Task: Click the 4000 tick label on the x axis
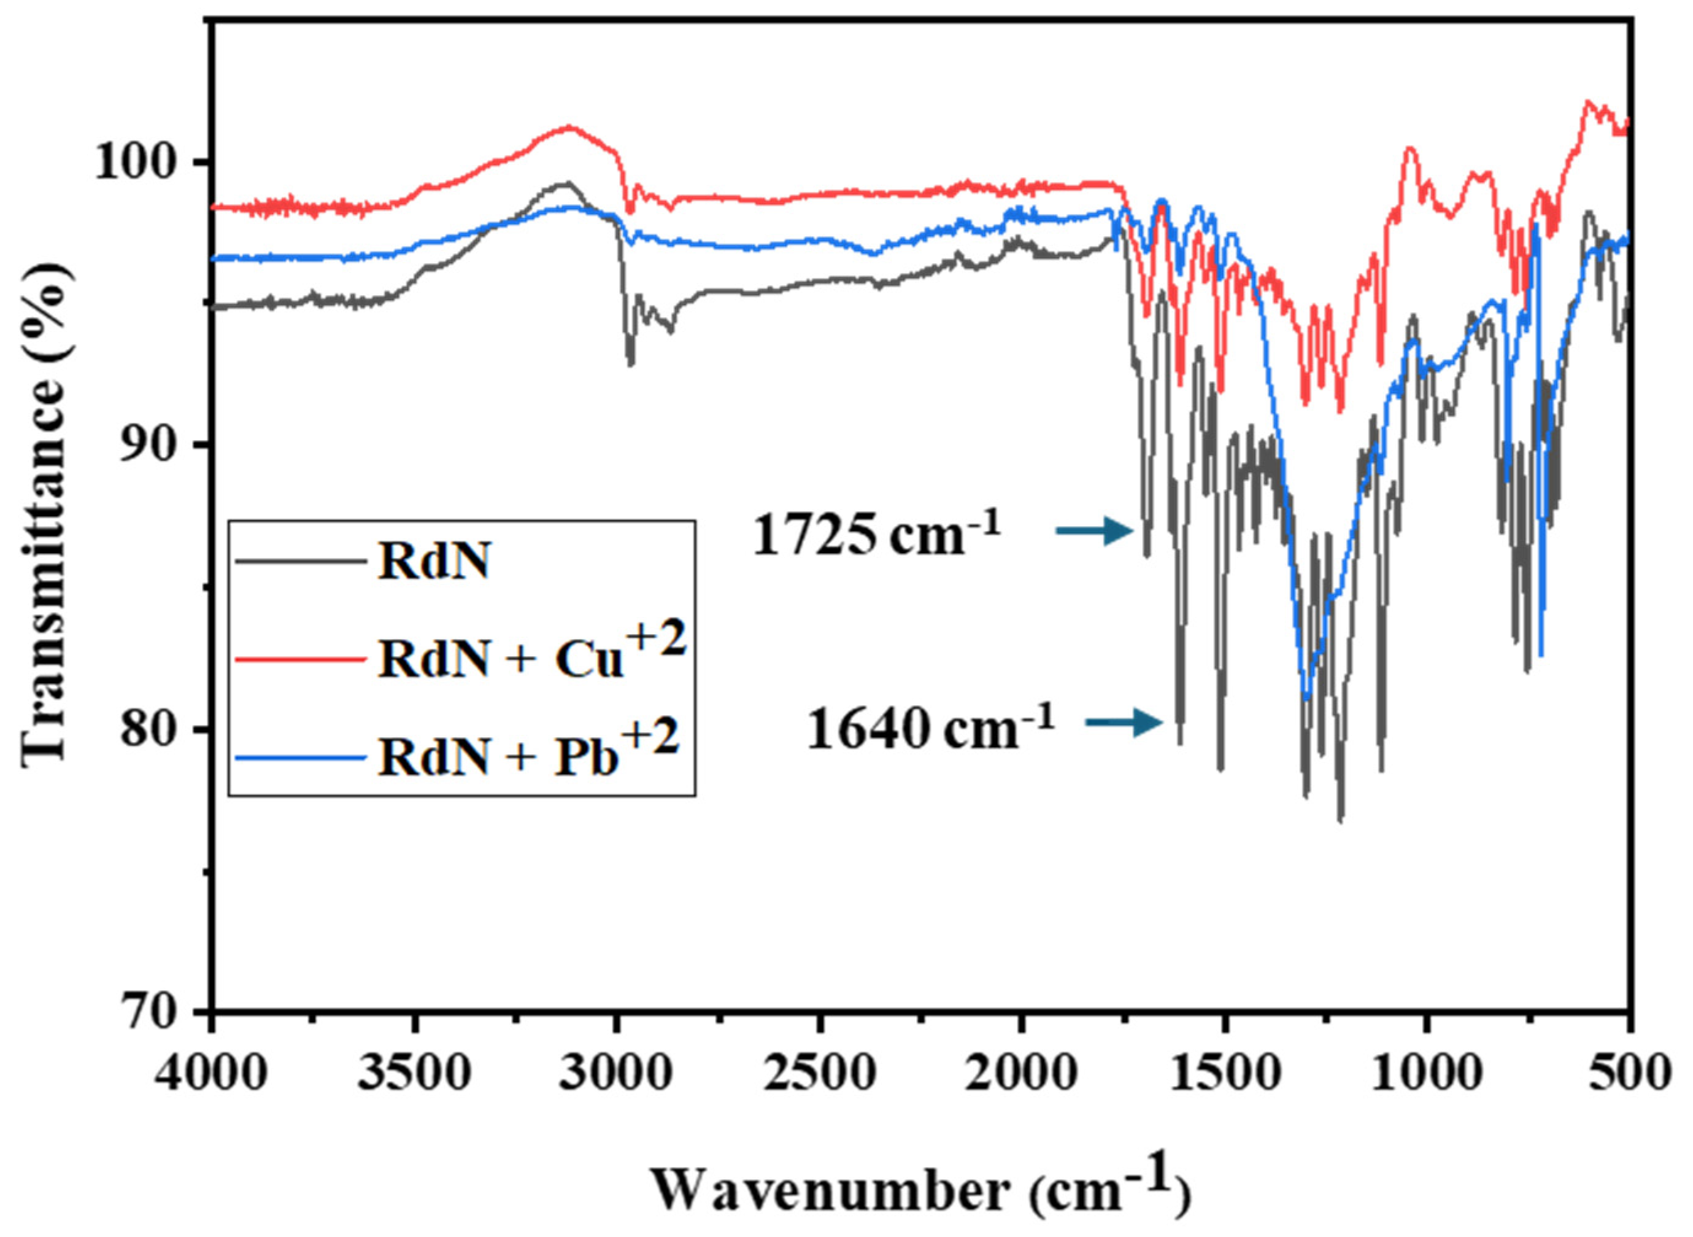coord(212,1074)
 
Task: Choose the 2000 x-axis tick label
coord(1021,1074)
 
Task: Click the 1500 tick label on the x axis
coord(1224,1074)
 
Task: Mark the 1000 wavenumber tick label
coord(1427,1074)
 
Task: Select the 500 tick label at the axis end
coord(1630,1074)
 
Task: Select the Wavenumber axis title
coord(920,1189)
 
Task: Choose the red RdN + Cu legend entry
coord(457,657)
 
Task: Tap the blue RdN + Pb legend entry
coord(457,754)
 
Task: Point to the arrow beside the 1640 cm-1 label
coord(1124,723)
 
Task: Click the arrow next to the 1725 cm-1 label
coord(1095,531)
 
